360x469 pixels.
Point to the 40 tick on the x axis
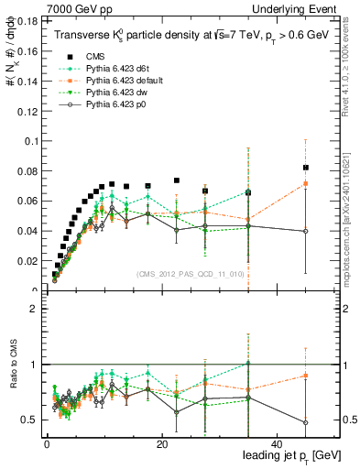277,445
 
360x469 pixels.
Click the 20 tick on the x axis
161,445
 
